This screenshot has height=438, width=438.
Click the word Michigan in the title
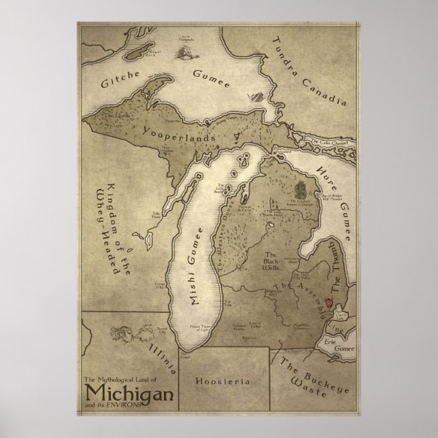[x=129, y=392]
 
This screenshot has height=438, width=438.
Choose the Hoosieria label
[x=222, y=381]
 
